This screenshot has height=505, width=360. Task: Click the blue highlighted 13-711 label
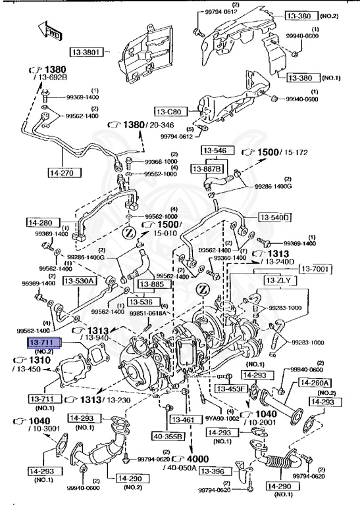click(43, 343)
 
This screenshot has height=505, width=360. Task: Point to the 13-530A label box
click(80, 281)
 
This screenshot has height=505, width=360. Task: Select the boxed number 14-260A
click(315, 383)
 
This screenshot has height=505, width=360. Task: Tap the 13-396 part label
click(213, 471)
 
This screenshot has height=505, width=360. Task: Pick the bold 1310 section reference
click(39, 360)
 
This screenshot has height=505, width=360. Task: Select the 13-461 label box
click(185, 419)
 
